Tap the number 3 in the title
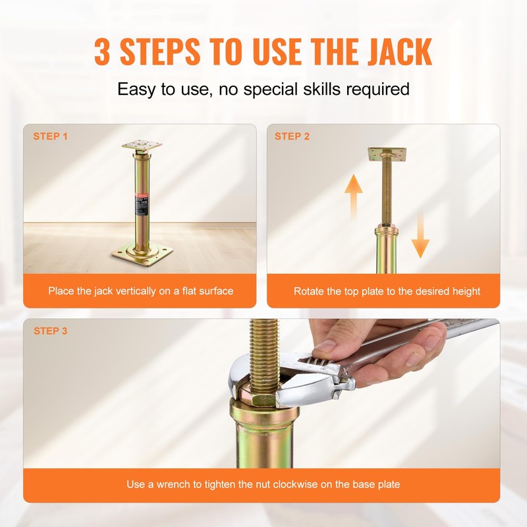point(103,52)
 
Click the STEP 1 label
point(51,136)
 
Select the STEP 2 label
point(292,136)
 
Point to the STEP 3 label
point(51,331)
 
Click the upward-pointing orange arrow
point(354,194)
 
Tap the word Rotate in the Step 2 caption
point(310,291)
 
